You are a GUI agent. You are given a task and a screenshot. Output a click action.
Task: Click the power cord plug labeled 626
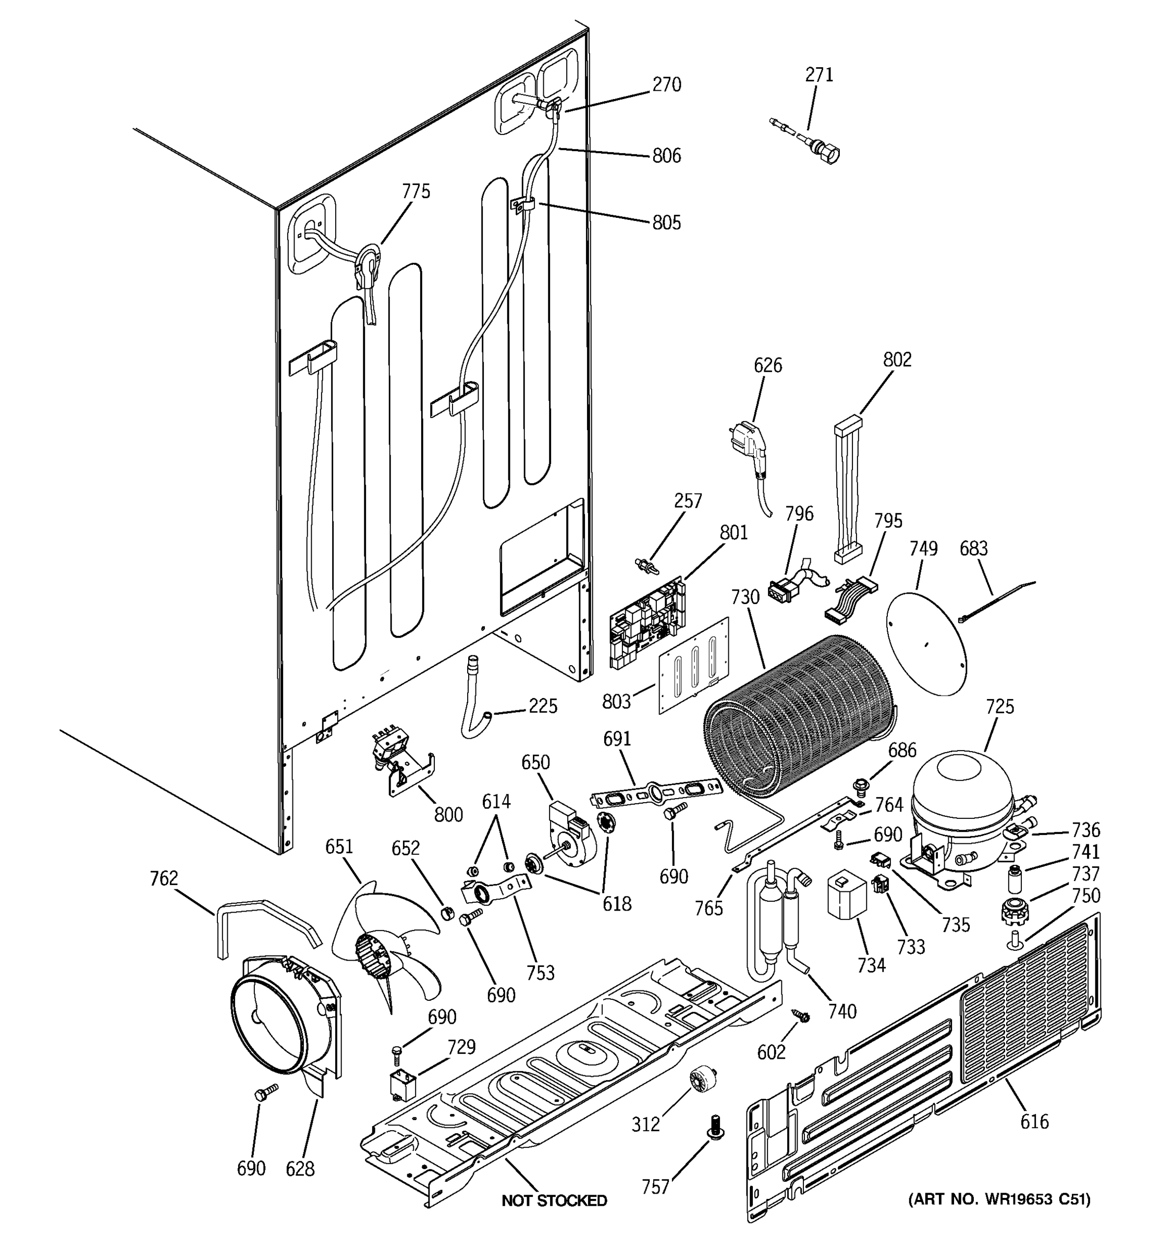point(752,443)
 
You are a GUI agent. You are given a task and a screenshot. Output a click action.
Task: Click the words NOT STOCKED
point(554,1200)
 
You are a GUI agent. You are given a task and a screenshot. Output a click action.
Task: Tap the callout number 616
point(1034,1121)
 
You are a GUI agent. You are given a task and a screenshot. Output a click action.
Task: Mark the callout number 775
point(416,191)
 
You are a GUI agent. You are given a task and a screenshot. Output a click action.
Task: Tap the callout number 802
point(897,359)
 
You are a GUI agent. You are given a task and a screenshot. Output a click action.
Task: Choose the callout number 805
point(666,223)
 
